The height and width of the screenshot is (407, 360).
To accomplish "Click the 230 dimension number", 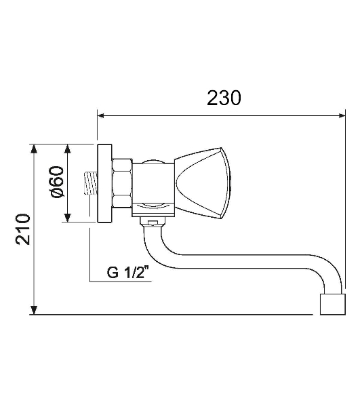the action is [x=224, y=98].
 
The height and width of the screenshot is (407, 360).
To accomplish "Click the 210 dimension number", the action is [x=23, y=229].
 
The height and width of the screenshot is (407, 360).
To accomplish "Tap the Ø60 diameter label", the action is [x=57, y=182].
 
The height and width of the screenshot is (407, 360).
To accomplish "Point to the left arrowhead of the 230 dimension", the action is [x=100, y=115].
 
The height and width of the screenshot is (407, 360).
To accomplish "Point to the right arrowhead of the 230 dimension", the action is [x=342, y=115].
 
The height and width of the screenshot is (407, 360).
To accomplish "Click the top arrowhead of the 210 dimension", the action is [x=34, y=149].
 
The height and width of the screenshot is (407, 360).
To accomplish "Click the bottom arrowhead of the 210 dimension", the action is [x=34, y=310].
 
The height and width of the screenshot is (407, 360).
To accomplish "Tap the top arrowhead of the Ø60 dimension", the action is [x=67, y=149].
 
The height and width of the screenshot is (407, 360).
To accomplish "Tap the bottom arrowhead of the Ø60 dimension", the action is [x=67, y=218].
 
